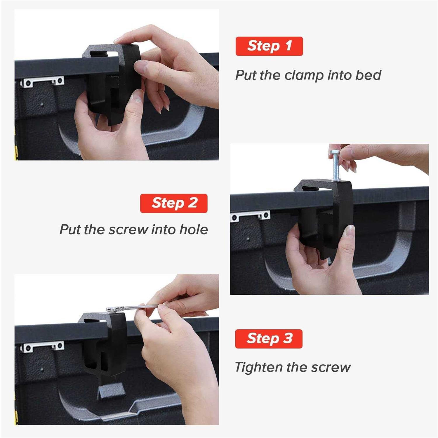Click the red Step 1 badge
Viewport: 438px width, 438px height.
269,46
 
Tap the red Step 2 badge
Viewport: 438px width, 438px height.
174,203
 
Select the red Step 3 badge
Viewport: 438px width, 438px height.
269,339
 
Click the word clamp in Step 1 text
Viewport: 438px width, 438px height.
304,75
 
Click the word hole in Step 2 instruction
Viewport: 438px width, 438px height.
193,229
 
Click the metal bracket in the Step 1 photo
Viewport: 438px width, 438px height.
42,81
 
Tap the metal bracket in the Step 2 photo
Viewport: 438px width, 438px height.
251,215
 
